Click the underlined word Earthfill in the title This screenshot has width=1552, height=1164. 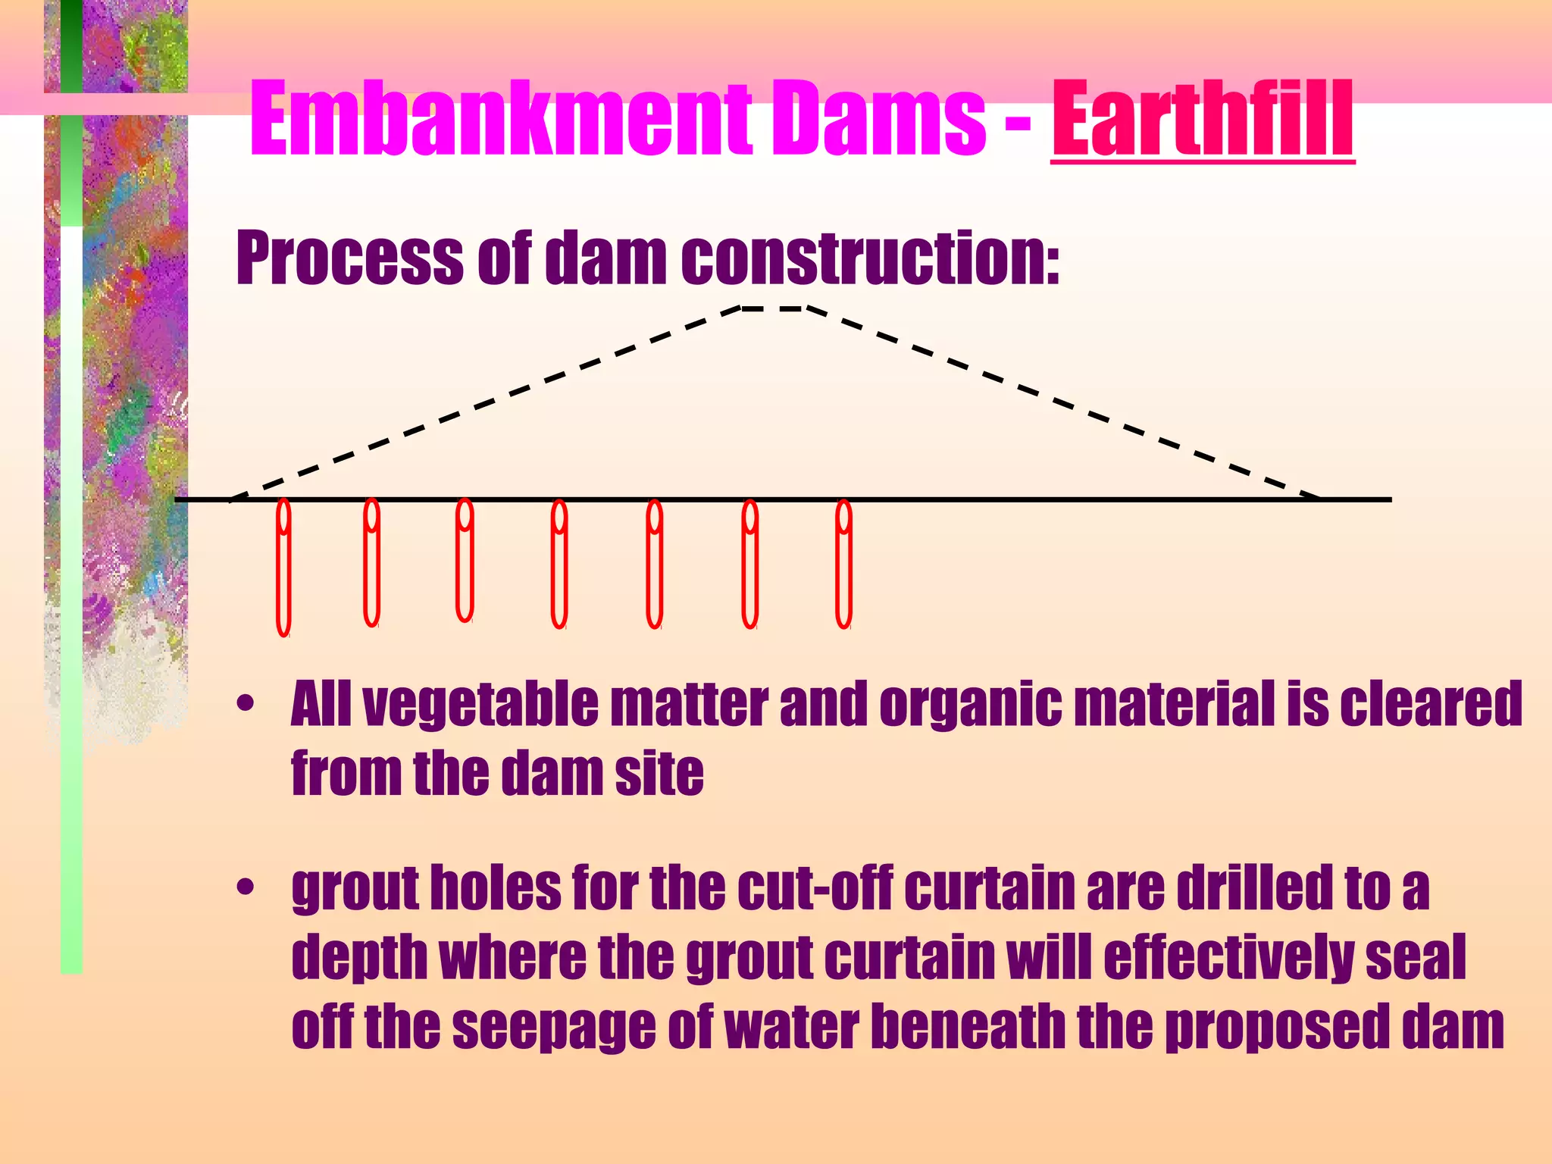point(1203,120)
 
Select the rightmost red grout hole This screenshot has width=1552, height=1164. point(843,565)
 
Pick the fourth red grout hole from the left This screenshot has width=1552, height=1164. point(559,565)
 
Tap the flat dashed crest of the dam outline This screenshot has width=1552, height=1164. point(773,308)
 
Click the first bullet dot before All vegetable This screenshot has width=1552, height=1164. point(245,704)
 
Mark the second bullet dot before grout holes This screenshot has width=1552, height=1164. point(245,886)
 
